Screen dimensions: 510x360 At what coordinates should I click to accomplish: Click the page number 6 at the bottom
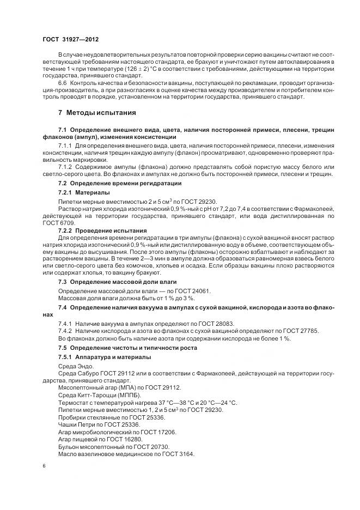44,465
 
